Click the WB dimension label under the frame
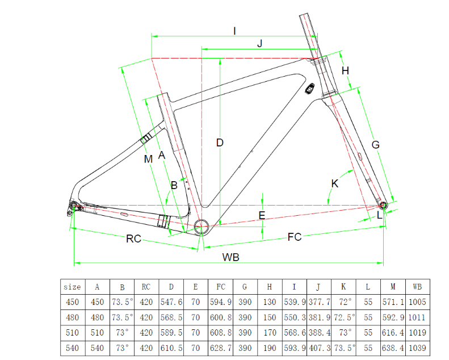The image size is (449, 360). pyautogui.click(x=231, y=257)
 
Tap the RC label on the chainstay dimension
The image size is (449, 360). pyautogui.click(x=134, y=238)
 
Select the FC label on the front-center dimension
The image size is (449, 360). pyautogui.click(x=295, y=237)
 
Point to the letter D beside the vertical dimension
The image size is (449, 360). pyautogui.click(x=220, y=143)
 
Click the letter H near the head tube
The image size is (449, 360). pyautogui.click(x=345, y=70)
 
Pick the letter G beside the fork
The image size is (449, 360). pyautogui.click(x=375, y=145)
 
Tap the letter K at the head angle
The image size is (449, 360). pyautogui.click(x=334, y=183)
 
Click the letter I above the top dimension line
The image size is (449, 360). pyautogui.click(x=234, y=31)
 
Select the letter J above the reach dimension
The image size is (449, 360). pyautogui.click(x=260, y=44)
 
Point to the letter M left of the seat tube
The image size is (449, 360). pyautogui.click(x=148, y=159)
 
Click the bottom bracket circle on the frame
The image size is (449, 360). pyautogui.click(x=202, y=227)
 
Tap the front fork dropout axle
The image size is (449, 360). pyautogui.click(x=383, y=206)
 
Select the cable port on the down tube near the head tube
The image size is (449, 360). pyautogui.click(x=310, y=89)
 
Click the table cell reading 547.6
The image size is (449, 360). pyautogui.click(x=171, y=302)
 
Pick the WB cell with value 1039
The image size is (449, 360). pyautogui.click(x=417, y=348)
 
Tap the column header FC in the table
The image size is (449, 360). pyautogui.click(x=221, y=287)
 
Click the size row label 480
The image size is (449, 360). pyautogui.click(x=72, y=317)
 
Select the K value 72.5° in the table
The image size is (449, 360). pyautogui.click(x=344, y=317)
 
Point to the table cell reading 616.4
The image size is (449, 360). pyautogui.click(x=393, y=333)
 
